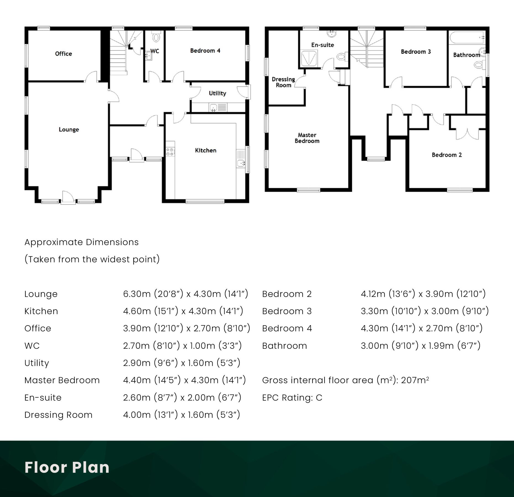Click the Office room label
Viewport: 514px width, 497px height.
(x=63, y=54)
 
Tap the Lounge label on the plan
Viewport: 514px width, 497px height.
(x=69, y=129)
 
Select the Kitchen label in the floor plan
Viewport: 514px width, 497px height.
(x=206, y=150)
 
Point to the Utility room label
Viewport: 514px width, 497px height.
(x=218, y=93)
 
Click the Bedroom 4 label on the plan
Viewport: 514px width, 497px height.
(x=205, y=51)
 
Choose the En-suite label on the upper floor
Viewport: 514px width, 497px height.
(x=322, y=45)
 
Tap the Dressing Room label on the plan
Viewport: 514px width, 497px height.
(x=283, y=82)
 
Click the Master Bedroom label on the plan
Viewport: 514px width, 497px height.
(x=307, y=138)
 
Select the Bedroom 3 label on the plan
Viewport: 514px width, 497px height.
(x=416, y=52)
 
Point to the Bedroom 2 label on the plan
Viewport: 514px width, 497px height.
(x=447, y=155)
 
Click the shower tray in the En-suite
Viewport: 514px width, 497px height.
(x=309, y=58)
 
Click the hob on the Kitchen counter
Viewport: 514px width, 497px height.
(x=170, y=152)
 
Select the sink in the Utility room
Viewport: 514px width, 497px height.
(x=213, y=107)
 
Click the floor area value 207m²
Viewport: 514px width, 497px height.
(x=415, y=380)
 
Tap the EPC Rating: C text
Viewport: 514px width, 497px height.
(x=292, y=398)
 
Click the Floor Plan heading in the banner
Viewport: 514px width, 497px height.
(x=67, y=467)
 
